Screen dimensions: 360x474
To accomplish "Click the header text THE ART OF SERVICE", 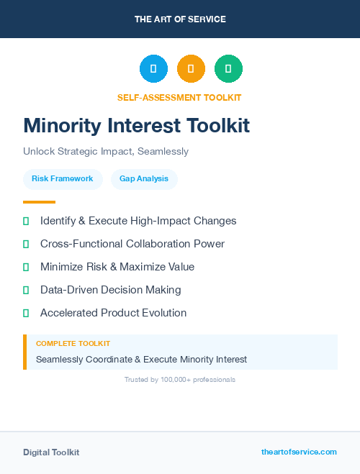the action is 180,19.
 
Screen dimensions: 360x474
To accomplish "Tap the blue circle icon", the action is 153,69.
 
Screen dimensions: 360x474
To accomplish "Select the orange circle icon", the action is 191,69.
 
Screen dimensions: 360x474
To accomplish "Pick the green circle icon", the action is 228,69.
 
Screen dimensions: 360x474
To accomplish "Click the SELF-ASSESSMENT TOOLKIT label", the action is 180,97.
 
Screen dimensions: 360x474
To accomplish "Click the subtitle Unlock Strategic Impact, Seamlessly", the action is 106,152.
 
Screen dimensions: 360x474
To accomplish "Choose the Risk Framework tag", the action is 63,178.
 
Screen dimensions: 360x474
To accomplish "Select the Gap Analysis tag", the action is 144,178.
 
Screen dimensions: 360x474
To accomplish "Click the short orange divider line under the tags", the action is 39,202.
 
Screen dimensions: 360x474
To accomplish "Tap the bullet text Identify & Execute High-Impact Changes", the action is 138,221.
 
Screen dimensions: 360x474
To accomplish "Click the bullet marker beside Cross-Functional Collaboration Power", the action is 26,244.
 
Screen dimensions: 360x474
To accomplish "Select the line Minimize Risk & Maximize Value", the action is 117,267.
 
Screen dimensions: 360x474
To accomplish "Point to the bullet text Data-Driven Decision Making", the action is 110,290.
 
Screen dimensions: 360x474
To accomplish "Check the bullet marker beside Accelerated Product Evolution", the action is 26,313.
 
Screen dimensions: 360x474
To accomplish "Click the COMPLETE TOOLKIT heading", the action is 73,344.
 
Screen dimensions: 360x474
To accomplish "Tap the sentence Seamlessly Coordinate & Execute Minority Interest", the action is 141,359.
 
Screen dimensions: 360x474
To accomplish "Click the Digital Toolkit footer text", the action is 51,452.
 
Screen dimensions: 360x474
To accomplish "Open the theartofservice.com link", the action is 299,452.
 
